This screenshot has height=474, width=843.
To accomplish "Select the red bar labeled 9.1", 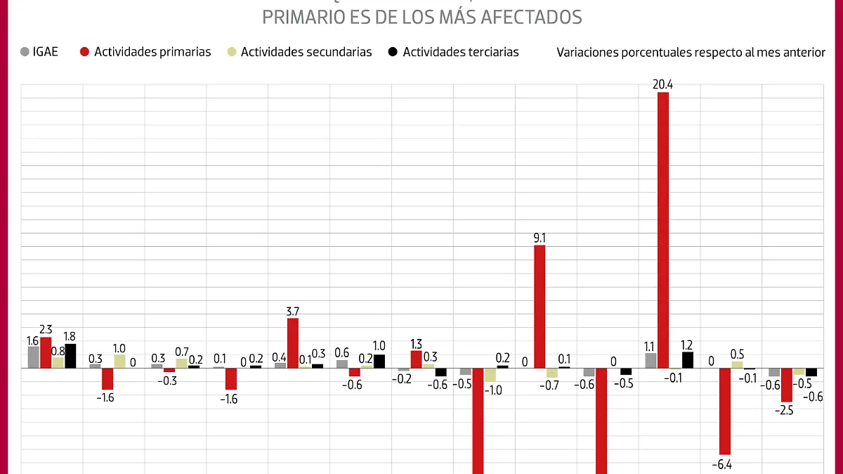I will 540,306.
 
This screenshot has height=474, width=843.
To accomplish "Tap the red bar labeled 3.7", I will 293,342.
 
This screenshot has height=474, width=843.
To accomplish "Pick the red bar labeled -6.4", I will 724,411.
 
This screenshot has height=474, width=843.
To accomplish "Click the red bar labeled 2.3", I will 46,352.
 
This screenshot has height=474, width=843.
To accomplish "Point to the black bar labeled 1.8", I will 70,355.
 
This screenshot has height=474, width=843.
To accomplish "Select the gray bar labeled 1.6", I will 33,357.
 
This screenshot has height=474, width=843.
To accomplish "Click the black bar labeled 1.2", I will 687,359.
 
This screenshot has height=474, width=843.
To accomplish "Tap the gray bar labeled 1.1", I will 651,360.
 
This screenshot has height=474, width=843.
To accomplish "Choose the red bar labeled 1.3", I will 417,359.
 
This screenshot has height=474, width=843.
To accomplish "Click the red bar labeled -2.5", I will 786,385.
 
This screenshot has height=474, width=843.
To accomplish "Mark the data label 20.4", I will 662,85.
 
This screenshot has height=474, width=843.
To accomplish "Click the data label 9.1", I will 540,238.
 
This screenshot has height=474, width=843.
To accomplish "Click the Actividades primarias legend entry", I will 145,52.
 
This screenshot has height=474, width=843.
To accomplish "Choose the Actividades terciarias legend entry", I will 453,52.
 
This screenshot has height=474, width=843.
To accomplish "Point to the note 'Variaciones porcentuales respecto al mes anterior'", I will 691,53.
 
